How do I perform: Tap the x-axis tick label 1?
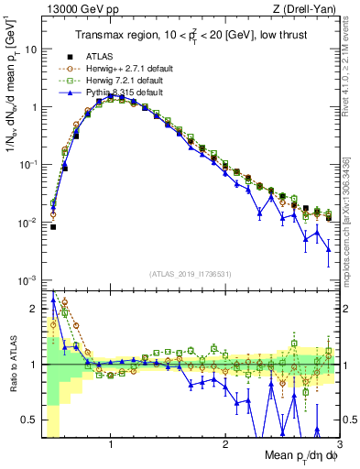point(110,444)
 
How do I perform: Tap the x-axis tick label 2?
point(225,444)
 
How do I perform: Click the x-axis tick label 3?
point(339,444)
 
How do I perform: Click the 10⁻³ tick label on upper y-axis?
point(27,279)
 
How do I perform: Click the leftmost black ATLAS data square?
point(53,226)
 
